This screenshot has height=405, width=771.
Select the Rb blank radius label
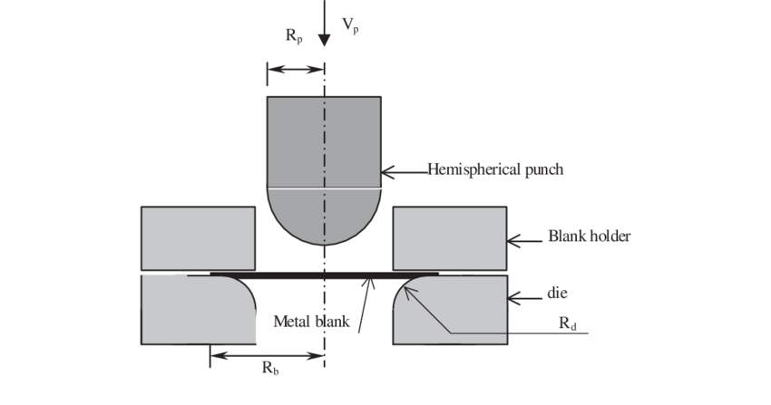[269, 368]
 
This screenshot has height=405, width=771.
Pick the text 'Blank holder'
[589, 237]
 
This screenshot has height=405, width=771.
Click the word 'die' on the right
[558, 294]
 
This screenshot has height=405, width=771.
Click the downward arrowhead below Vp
[324, 39]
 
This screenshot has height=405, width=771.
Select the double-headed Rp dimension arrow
[296, 70]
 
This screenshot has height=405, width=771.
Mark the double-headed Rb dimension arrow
[268, 354]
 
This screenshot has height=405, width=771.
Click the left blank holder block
[198, 238]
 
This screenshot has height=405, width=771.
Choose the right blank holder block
[449, 238]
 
